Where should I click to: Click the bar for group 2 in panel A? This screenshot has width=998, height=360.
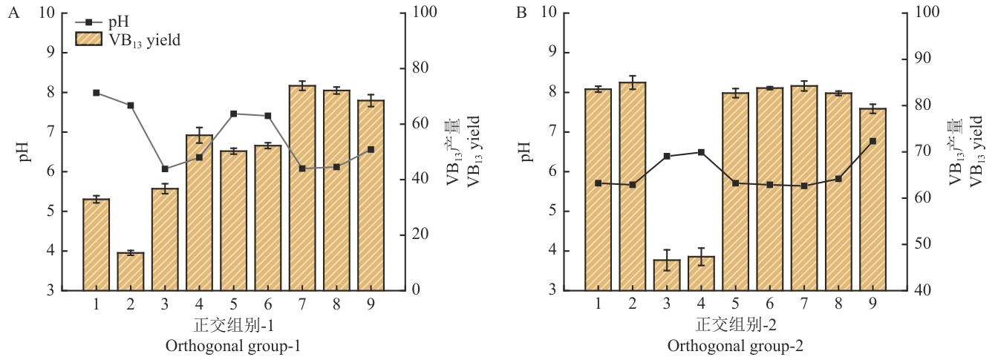point(131,272)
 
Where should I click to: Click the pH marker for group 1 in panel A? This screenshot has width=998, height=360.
point(97,93)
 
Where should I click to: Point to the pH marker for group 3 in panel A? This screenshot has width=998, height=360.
point(165,169)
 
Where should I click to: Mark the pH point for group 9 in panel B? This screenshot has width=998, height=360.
point(873,141)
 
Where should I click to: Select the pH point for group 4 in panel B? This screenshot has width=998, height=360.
point(701,152)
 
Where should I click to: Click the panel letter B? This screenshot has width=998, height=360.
point(521,13)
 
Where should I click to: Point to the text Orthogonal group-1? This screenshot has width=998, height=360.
point(233,347)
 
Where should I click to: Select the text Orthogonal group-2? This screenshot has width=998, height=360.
point(735,347)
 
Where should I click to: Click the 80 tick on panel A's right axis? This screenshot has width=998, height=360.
point(424,68)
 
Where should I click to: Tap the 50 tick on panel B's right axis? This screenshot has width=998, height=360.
point(919,244)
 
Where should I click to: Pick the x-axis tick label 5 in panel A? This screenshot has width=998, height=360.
point(233,304)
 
